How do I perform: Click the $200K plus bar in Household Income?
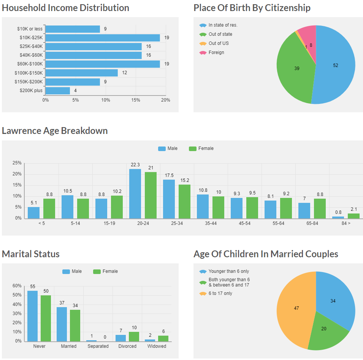coord(58,91)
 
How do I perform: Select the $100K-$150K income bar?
coord(82,73)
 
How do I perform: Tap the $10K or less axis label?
coord(30,29)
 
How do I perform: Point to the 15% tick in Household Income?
coord(136,100)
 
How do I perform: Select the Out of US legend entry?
coord(219,43)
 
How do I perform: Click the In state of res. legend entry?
coord(223,25)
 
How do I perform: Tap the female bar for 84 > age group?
coord(353,216)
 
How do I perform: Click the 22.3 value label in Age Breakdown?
coord(135,165)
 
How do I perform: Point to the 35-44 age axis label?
coord(211,223)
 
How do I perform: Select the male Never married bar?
coord(32,316)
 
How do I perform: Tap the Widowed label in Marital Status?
coord(157,346)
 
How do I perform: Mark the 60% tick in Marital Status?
coord(17,286)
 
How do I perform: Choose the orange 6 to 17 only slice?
coord(295,308)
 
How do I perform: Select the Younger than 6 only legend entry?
coord(229,272)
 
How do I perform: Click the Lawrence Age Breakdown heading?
coord(55,131)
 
